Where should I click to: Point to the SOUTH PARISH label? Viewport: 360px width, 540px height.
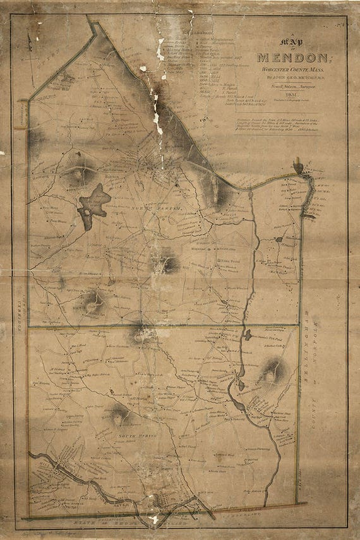pyautogui.click(x=134, y=435)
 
